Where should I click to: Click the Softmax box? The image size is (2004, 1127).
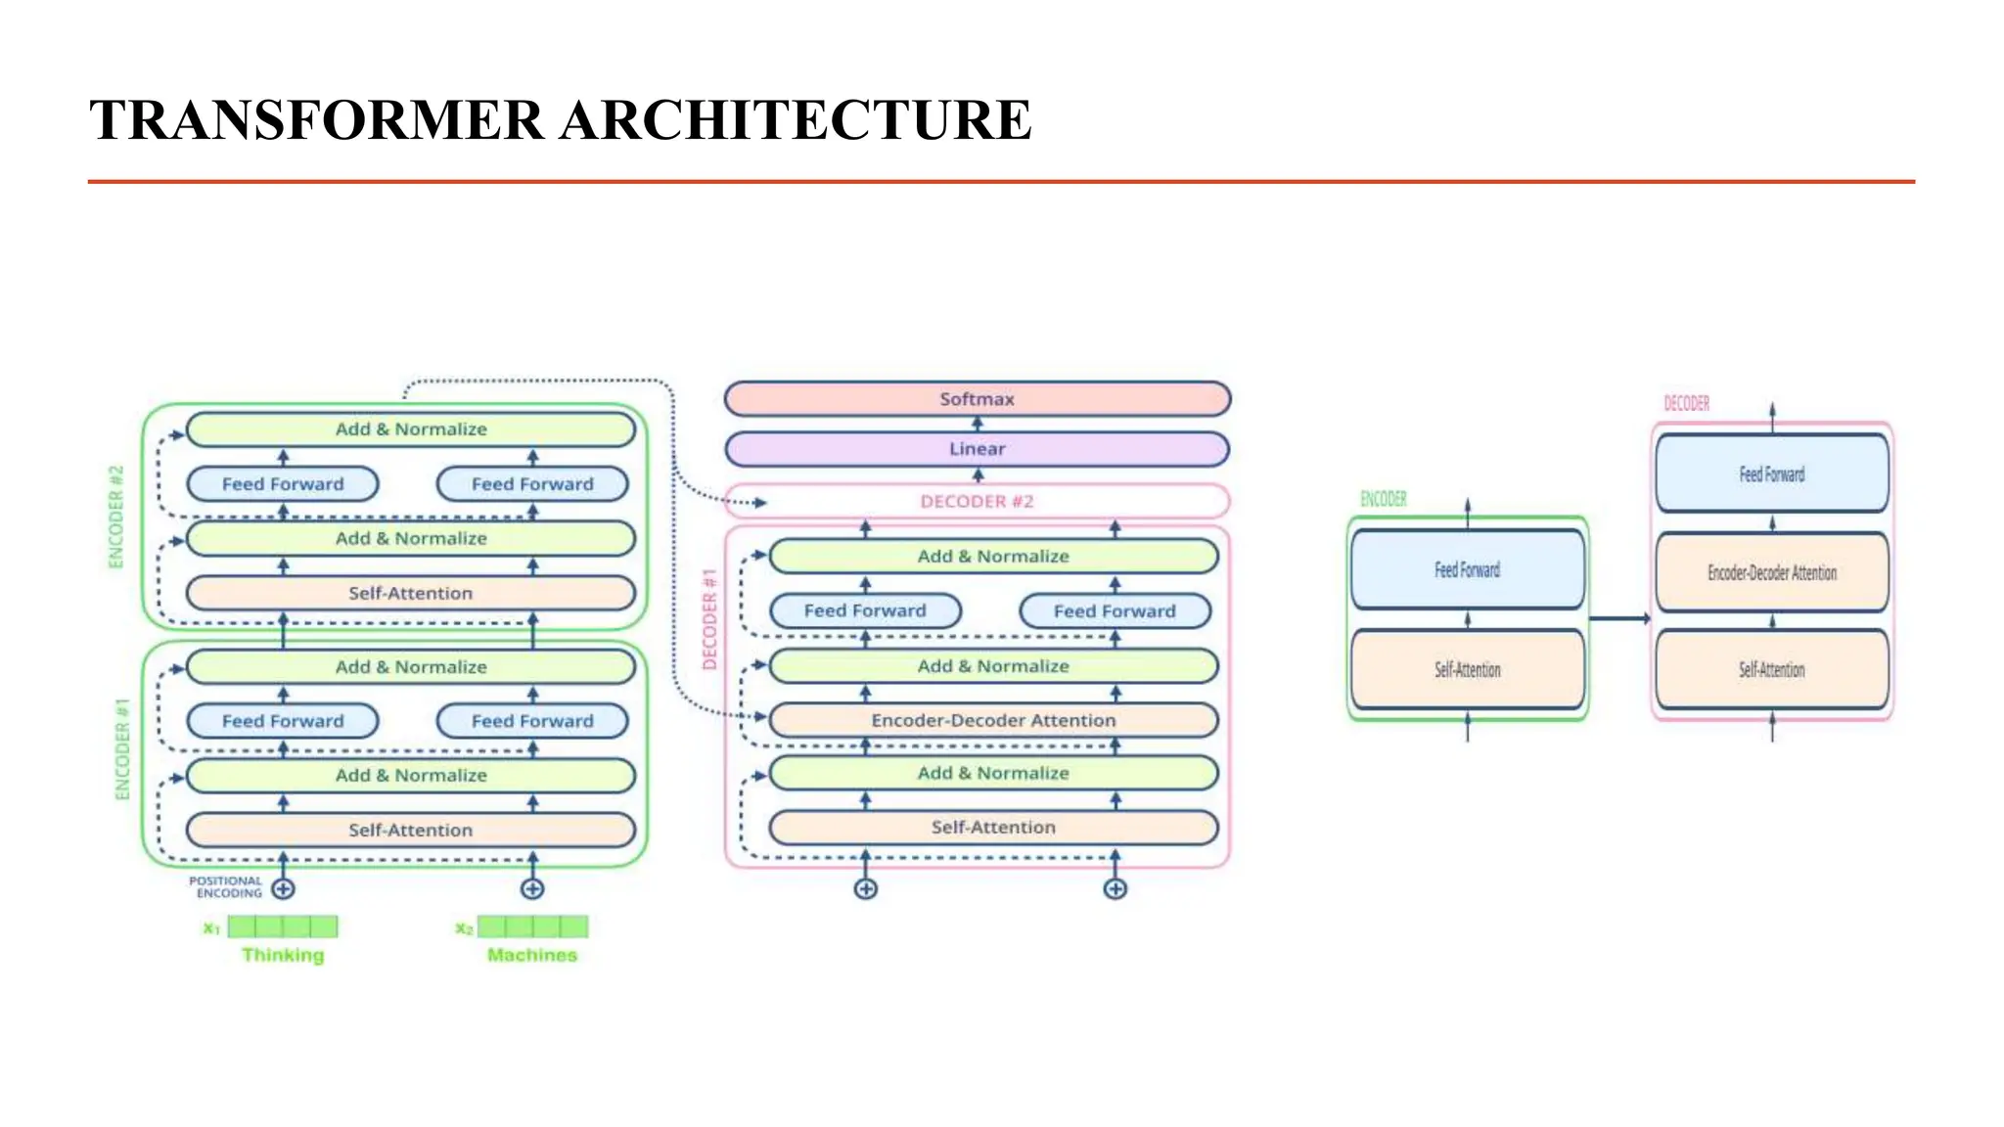pos(977,399)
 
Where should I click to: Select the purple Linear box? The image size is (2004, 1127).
pos(977,449)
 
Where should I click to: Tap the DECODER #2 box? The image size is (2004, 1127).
pos(977,501)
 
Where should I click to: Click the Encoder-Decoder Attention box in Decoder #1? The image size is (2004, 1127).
pos(993,720)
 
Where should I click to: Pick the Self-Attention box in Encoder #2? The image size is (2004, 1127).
pos(410,593)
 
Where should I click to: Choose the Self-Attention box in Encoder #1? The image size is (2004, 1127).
pos(410,830)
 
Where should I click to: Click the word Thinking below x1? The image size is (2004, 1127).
pos(283,955)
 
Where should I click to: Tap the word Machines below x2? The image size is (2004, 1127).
pos(532,955)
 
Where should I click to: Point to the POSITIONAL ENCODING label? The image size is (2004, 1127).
pos(226,886)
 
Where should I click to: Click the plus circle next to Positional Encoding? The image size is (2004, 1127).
pos(284,888)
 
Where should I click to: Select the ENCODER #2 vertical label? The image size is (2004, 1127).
pos(116,517)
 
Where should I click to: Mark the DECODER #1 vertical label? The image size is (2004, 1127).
pos(710,619)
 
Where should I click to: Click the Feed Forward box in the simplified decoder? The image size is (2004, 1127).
pos(1771,474)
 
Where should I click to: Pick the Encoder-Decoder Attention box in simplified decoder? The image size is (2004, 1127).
pos(1771,572)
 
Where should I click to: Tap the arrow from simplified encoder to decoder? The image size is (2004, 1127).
pos(1619,618)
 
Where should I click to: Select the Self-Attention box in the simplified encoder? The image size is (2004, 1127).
pos(1467,669)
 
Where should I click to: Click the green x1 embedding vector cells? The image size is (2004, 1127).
pos(283,925)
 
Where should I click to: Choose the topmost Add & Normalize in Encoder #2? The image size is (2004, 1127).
pos(410,428)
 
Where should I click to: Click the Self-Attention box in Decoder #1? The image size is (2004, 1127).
pos(993,827)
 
